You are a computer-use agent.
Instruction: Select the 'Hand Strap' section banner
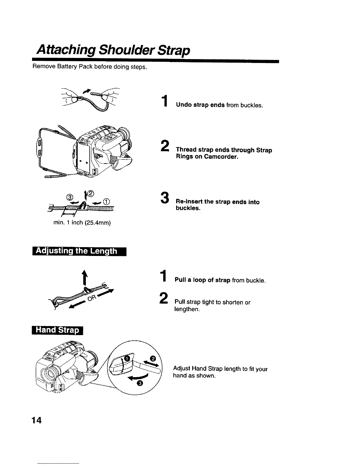(x=57, y=330)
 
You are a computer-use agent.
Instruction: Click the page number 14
(x=37, y=420)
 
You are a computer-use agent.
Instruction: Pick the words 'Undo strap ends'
(x=200, y=105)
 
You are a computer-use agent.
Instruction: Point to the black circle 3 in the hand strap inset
(x=140, y=383)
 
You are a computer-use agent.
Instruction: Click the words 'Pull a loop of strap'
(x=202, y=280)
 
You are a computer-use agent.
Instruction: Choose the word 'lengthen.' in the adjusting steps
(x=187, y=309)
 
